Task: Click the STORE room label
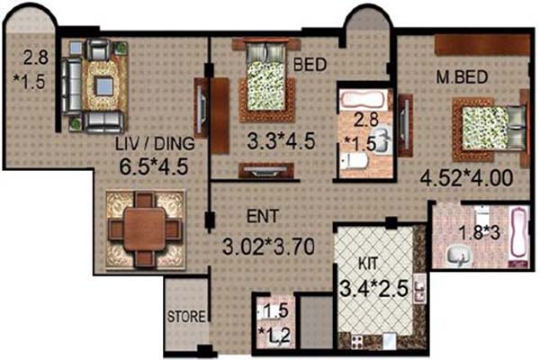(186, 316)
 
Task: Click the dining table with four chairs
(144, 220)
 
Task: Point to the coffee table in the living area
(103, 85)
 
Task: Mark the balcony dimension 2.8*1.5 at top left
(37, 64)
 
